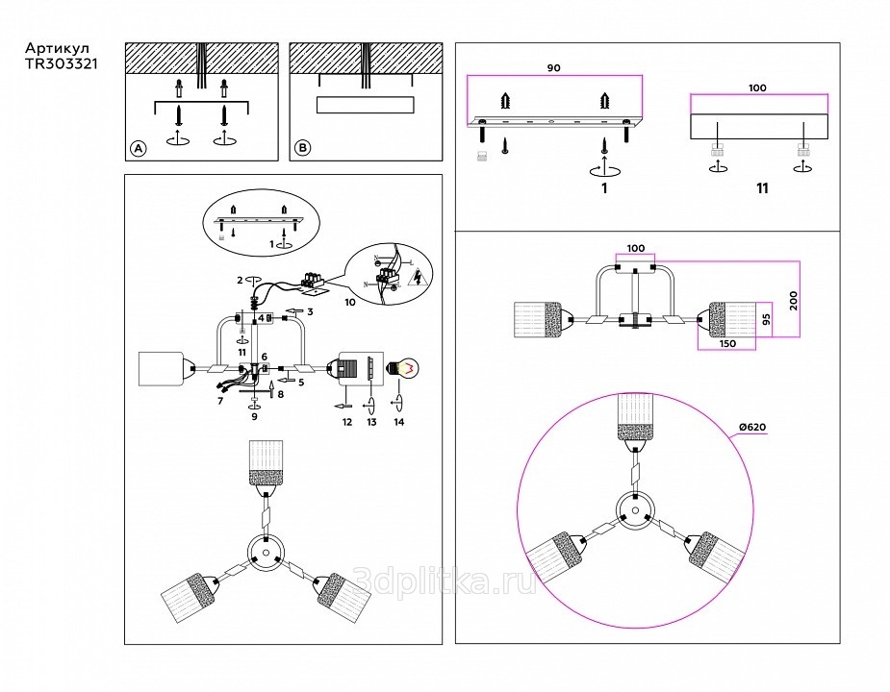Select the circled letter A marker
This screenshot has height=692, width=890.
[138, 148]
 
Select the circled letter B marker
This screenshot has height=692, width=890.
[302, 148]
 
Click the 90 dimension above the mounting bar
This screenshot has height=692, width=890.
[553, 68]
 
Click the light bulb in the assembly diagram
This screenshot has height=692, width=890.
[402, 367]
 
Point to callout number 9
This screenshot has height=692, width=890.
[254, 417]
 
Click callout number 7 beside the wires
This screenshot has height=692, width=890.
[220, 400]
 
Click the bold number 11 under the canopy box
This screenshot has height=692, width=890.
[762, 188]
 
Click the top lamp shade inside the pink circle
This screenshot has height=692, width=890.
[635, 417]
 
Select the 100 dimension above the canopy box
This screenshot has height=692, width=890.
[757, 87]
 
